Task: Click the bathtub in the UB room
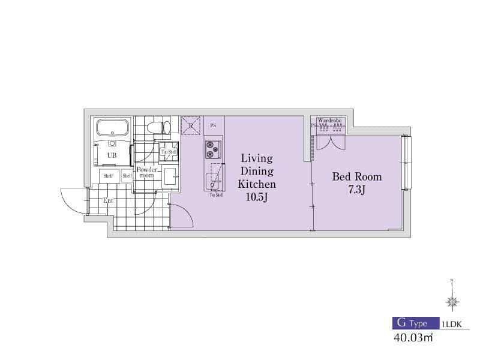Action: (112, 128)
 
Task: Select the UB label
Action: (112, 155)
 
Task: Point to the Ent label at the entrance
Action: (108, 200)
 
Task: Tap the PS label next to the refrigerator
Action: (213, 126)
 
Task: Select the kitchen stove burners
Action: (213, 149)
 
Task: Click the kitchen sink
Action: (213, 181)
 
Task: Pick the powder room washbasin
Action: (169, 176)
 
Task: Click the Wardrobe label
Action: (329, 121)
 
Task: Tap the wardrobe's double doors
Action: (331, 142)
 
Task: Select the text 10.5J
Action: (257, 197)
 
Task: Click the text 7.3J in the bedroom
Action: (357, 190)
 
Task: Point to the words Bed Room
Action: (357, 177)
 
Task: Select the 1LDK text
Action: (451, 323)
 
